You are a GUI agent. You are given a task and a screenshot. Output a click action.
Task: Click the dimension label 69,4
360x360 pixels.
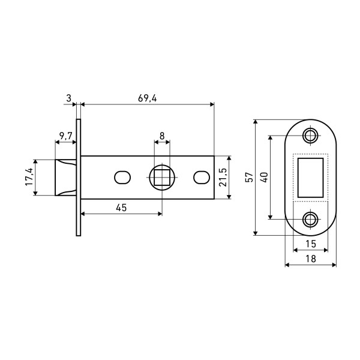[x=147, y=98]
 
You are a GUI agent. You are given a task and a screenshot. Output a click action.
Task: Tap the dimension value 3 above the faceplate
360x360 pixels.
[x=69, y=98]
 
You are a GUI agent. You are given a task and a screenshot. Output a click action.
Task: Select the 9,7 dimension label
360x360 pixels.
[x=65, y=136]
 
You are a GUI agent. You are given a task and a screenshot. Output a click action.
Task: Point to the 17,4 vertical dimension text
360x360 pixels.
[x=28, y=177]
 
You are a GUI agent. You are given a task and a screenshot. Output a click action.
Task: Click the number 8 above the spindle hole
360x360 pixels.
[x=162, y=136]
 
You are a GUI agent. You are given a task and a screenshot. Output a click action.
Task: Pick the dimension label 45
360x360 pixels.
[x=121, y=207]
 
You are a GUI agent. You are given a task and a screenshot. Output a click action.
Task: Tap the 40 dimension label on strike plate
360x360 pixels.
[x=264, y=178]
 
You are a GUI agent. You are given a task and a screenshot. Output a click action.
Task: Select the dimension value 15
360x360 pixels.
[x=311, y=244]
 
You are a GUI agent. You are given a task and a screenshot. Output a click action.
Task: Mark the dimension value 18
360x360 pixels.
[x=311, y=259]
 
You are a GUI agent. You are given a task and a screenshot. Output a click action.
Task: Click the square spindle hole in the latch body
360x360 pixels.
[x=162, y=178]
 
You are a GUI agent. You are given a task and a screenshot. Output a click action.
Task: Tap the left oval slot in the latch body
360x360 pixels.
[x=122, y=178]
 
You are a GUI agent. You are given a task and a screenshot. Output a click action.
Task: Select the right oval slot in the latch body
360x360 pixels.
[x=201, y=178]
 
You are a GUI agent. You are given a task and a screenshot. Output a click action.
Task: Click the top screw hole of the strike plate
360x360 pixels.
[x=311, y=135]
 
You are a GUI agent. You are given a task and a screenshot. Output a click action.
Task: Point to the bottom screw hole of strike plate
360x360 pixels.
[x=311, y=219]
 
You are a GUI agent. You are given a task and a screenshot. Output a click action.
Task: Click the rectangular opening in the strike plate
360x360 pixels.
[x=311, y=177]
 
